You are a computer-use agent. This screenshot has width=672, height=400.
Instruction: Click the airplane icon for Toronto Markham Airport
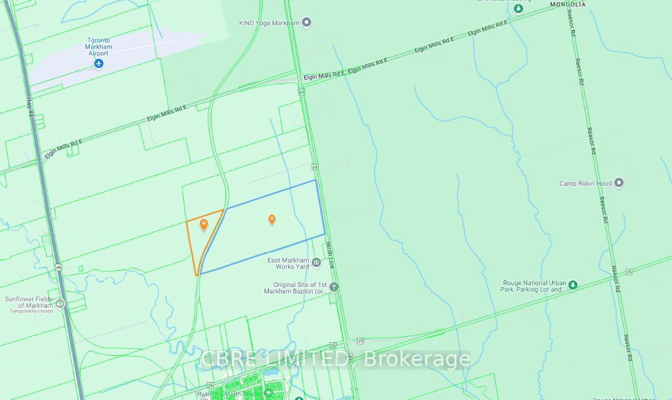coord(99,64)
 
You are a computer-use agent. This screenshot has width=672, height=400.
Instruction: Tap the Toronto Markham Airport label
coord(98,46)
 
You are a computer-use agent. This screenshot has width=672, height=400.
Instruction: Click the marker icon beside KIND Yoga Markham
coord(307,23)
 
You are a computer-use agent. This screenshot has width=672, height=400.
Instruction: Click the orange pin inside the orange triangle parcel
coord(204,224)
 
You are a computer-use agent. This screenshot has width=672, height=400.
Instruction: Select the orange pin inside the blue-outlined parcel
coord(272,220)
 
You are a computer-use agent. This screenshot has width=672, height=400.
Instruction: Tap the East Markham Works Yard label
coord(288,263)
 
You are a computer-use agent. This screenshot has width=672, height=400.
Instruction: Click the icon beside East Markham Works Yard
coord(317,262)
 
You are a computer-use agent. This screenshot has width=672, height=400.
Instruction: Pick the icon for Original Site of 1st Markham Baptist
coord(334,287)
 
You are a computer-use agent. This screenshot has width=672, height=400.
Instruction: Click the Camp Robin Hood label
coord(586,183)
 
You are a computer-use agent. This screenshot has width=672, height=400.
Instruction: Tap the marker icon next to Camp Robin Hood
coord(618,183)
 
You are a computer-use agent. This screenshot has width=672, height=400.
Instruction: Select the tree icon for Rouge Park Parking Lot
coord(573,286)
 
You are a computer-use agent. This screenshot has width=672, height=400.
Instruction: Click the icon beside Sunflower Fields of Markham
coord(60,304)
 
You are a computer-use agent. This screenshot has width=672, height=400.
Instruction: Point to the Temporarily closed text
coord(31,311)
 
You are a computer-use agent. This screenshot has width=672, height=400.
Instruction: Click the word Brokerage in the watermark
coord(417,359)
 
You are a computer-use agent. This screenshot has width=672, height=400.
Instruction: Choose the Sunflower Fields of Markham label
coord(29,302)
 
